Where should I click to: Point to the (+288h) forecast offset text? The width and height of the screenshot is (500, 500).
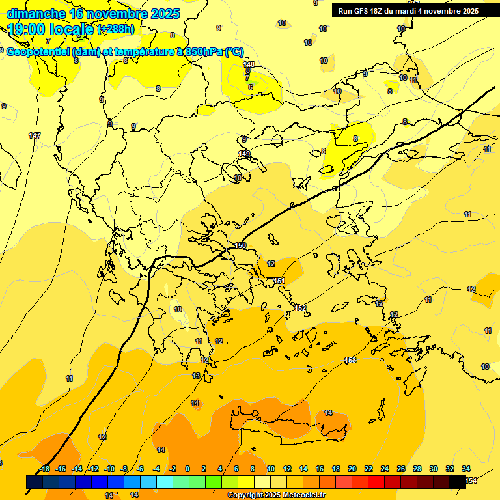[117, 29]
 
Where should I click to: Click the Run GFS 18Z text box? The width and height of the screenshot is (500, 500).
[409, 11]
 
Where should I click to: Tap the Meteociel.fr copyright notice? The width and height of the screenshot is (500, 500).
[277, 495]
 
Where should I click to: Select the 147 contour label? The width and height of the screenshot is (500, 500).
[35, 135]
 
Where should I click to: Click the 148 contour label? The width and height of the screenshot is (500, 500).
[249, 64]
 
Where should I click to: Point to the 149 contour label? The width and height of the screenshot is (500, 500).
[244, 154]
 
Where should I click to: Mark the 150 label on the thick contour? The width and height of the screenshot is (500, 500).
[241, 245]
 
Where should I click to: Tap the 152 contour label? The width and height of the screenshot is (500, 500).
[300, 308]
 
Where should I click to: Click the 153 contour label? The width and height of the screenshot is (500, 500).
[350, 360]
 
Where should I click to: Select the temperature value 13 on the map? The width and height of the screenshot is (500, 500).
[196, 376]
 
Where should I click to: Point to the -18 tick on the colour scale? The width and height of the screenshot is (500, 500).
[44, 469]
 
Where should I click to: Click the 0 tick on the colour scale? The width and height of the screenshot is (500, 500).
[187, 469]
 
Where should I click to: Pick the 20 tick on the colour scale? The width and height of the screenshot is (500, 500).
[352, 469]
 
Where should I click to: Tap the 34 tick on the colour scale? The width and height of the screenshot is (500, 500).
[466, 469]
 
